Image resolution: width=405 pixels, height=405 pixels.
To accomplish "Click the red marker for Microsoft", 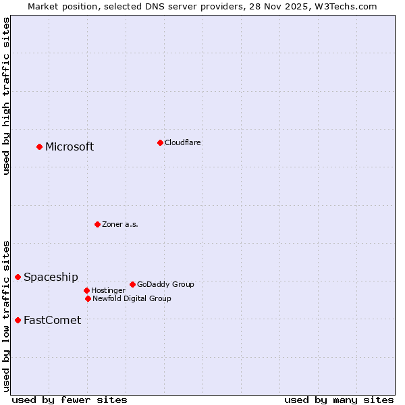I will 40,146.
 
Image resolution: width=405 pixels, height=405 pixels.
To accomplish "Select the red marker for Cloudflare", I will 160,142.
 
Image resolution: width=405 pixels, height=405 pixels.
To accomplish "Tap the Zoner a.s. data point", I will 97,224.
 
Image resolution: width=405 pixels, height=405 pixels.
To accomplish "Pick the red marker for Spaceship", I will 18,277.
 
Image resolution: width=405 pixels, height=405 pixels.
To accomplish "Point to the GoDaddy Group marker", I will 132,284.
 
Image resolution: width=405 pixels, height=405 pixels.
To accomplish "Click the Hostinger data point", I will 86,290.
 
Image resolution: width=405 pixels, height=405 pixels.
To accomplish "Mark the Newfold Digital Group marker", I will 88,298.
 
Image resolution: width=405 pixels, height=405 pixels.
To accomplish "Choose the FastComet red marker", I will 18,320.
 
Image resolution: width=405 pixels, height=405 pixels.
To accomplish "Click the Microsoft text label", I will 70,147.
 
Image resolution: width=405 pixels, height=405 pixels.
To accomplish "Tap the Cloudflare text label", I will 182,142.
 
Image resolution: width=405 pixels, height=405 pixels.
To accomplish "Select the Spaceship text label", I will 51,277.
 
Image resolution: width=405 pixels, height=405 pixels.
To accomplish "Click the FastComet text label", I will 52,321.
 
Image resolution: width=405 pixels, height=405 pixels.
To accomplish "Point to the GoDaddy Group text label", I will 165,284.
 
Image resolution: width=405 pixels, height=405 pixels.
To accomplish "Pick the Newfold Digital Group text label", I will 132,298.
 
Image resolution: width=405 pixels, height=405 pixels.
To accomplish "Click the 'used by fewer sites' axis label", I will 70,400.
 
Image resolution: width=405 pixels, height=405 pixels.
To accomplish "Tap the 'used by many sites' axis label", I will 339,400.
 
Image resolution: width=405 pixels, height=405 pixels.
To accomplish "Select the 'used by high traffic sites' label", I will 6,96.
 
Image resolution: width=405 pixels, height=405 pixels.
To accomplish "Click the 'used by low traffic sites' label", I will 6,315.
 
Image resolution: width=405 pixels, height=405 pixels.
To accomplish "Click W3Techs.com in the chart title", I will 346,6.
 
